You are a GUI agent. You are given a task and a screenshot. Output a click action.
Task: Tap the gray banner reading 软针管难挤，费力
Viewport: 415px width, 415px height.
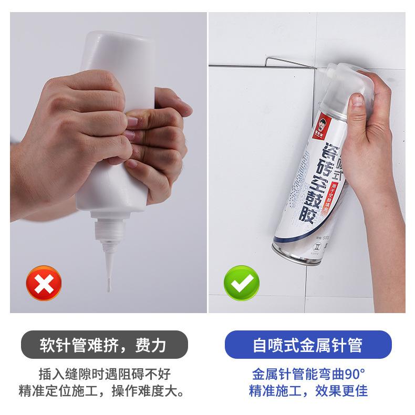103,345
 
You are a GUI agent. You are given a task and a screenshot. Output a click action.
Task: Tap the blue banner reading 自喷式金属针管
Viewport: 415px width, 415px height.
308,345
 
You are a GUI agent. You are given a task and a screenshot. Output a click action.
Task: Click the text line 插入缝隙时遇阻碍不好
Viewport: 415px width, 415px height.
103,374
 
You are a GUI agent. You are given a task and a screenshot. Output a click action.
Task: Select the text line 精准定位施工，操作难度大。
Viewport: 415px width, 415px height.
103,391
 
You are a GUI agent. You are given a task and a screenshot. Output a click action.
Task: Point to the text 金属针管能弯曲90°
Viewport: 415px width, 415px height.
309,374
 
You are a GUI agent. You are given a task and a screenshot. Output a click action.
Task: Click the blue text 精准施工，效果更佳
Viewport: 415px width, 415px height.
309,391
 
